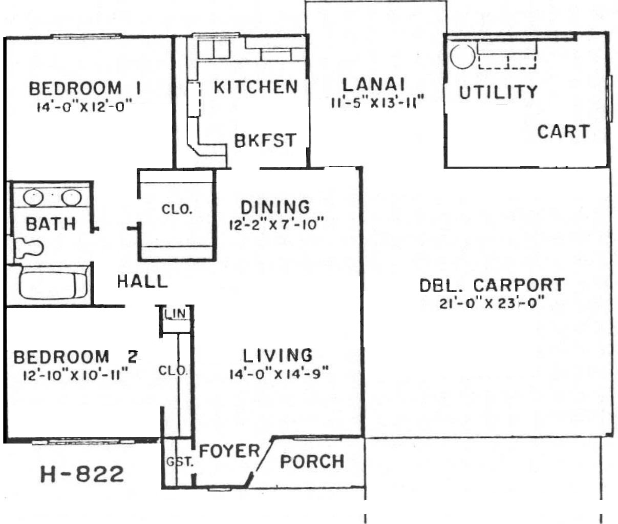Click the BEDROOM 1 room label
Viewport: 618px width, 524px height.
tap(84, 88)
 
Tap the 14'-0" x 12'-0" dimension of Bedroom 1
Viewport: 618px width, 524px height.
tap(84, 107)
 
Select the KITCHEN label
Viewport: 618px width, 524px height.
tap(256, 87)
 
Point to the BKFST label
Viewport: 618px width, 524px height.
tap(265, 140)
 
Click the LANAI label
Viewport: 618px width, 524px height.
tap(374, 85)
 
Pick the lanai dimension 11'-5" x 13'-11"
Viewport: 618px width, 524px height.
tap(378, 103)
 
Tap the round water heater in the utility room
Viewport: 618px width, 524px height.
tap(462, 56)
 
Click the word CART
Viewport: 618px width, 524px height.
tap(563, 132)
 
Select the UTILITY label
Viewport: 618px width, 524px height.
tap(498, 92)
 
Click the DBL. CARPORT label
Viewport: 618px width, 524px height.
tap(492, 285)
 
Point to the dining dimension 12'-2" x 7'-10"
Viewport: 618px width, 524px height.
tap(276, 225)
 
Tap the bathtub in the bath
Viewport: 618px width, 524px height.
tap(54, 284)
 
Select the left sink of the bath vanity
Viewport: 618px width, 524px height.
tap(33, 197)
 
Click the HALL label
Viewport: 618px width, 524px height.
tap(142, 282)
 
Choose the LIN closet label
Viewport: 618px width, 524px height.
tap(176, 313)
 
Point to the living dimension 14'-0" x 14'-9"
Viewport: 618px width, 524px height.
tap(279, 374)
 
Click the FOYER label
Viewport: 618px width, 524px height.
tap(229, 451)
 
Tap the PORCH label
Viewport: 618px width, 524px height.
tap(312, 461)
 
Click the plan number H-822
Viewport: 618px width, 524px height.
tap(82, 474)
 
